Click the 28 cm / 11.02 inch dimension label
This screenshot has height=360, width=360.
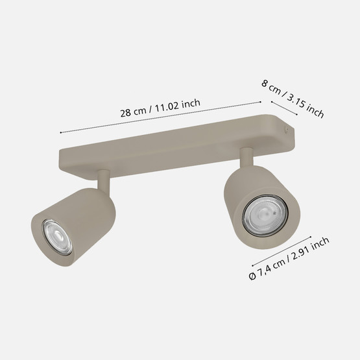160,108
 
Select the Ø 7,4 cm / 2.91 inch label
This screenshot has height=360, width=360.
289,258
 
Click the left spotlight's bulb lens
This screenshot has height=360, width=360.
57,237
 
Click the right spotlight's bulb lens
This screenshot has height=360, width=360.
265,215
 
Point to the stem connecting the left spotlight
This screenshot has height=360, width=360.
104,180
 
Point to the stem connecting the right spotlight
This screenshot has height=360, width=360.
247,157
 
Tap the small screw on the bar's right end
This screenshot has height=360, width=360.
286,130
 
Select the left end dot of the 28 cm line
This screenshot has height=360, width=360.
60,132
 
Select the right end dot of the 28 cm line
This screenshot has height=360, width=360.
260,102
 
